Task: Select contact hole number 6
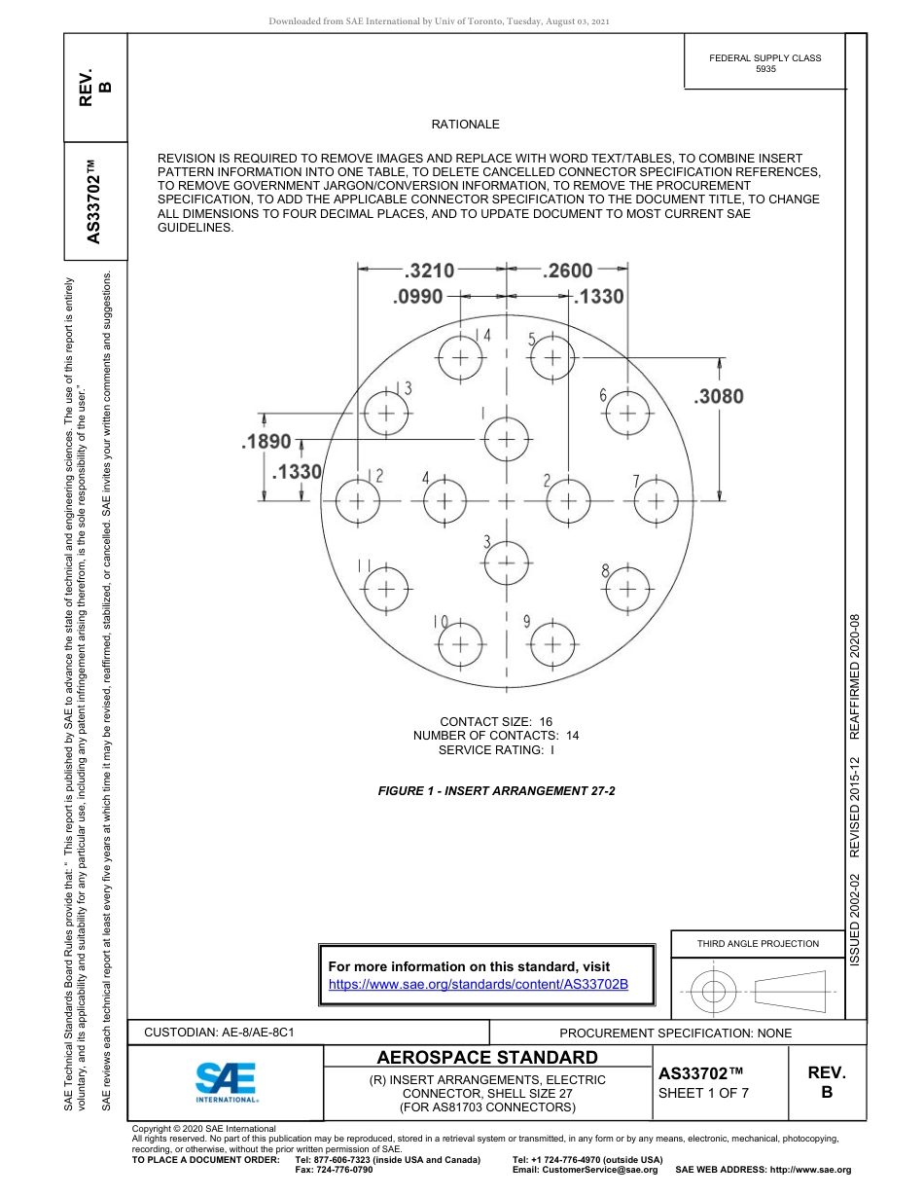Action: click(629, 413)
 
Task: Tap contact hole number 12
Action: click(357, 501)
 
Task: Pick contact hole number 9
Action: click(551, 643)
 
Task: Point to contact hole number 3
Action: click(507, 562)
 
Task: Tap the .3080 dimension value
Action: click(719, 396)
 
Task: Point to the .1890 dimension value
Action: click(267, 441)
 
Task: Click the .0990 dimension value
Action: click(418, 297)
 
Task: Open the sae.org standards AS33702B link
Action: click(479, 985)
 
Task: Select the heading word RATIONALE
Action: click(465, 125)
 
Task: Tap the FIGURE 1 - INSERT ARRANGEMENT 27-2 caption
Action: click(496, 791)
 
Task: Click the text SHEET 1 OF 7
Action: click(703, 1092)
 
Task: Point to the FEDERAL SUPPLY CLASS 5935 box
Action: click(765, 63)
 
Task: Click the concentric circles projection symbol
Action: click(714, 993)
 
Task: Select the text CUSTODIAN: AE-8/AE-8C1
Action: click(219, 1033)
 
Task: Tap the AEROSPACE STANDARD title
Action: click(487, 1058)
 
